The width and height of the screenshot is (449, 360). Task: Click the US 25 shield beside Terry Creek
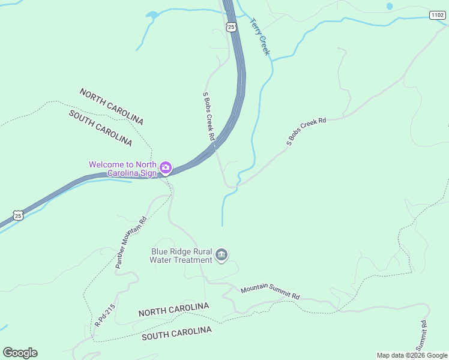(231, 26)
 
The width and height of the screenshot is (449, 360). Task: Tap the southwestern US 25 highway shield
(18, 215)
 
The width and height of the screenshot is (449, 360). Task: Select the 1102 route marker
(438, 14)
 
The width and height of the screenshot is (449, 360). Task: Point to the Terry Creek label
(261, 36)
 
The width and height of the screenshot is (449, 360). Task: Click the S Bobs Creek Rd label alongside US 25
(209, 116)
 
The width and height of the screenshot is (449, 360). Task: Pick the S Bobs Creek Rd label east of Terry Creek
(306, 131)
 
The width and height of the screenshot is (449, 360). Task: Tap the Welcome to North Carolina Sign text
(122, 169)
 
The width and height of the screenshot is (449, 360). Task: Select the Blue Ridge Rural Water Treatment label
(182, 256)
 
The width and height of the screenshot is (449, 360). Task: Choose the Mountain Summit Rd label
(270, 292)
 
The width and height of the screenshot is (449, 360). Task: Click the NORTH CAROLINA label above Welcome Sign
(112, 106)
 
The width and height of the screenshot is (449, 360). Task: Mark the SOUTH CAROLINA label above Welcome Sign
(100, 128)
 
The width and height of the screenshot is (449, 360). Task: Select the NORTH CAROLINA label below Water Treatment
(173, 310)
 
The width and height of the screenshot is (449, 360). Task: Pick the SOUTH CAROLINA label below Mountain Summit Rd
(176, 334)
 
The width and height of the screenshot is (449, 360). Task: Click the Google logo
(20, 353)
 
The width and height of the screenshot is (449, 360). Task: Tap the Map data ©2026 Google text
(412, 355)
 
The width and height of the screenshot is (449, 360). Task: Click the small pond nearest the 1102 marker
(390, 7)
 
